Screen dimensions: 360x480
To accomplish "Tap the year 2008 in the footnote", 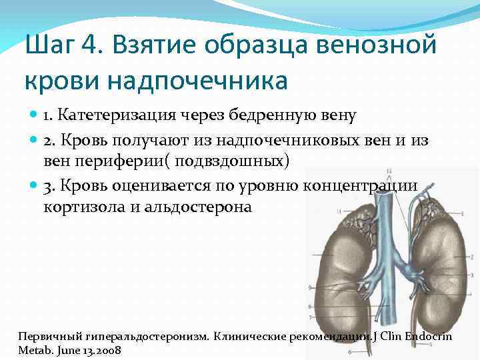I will [107, 350].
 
